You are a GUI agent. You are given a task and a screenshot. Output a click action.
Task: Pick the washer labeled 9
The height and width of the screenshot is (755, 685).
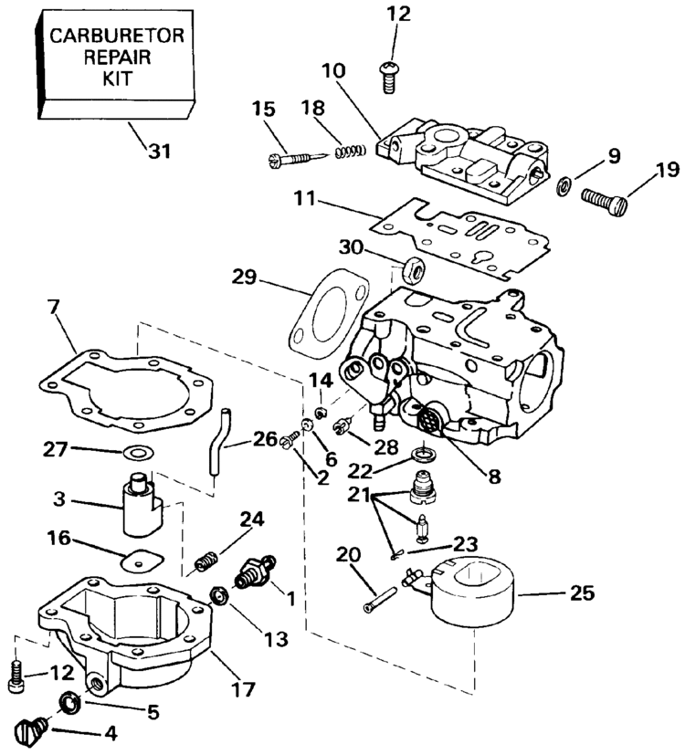564,185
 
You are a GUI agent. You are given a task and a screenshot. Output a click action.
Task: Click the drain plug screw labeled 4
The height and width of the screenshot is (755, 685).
30,731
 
